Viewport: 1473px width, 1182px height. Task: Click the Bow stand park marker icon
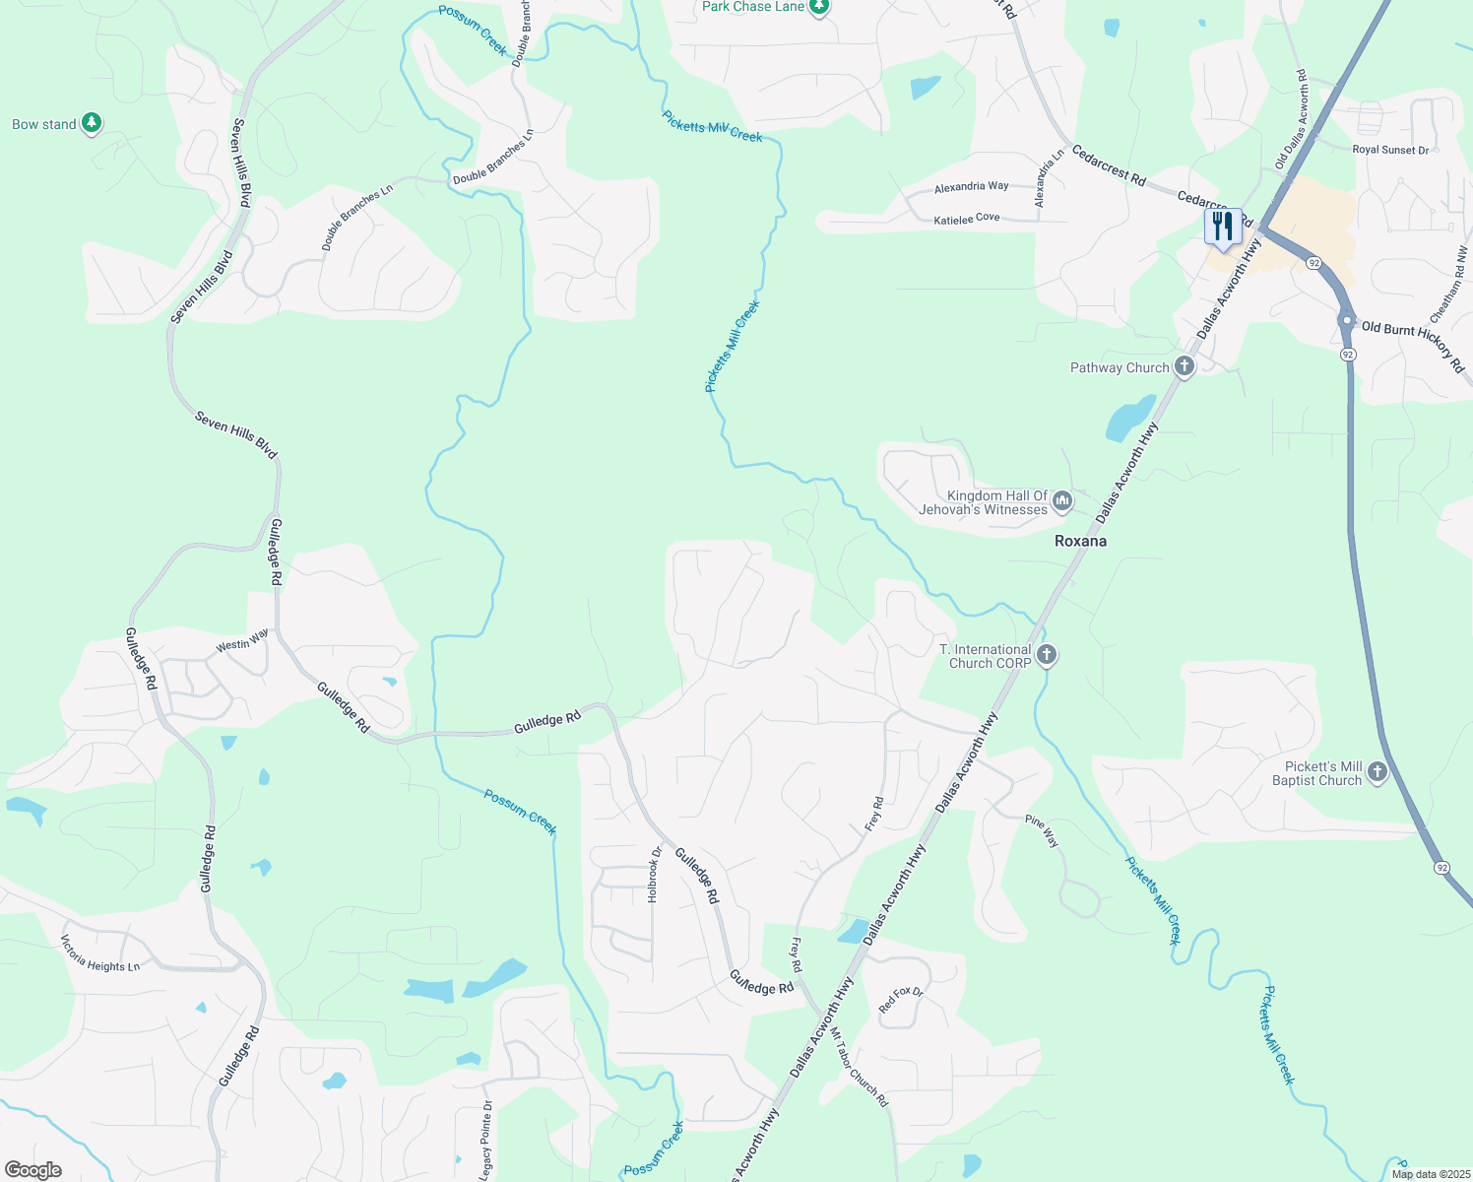click(92, 123)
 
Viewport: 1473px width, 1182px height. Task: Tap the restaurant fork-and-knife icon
click(1222, 227)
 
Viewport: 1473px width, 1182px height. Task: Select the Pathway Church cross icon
click(1185, 367)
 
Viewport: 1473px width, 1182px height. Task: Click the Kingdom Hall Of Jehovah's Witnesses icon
click(1062, 502)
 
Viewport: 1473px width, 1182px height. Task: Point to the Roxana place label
click(1080, 541)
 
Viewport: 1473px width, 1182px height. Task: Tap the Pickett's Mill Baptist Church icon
click(1377, 772)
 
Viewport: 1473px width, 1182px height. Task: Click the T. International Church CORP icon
click(1047, 655)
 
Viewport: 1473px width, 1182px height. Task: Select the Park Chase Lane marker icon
click(819, 7)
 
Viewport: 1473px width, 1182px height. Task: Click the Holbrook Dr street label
click(654, 875)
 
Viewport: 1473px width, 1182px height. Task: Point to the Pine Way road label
click(1042, 831)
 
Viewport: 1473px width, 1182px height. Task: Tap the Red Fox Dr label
click(901, 1000)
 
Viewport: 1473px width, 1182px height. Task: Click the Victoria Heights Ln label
click(100, 953)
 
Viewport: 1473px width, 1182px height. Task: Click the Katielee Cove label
click(966, 219)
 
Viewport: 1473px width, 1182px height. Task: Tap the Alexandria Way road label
click(971, 186)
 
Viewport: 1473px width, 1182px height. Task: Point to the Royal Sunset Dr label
click(1390, 150)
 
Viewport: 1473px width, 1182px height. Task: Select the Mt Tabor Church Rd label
click(859, 1068)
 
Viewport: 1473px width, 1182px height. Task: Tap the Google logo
click(33, 1169)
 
